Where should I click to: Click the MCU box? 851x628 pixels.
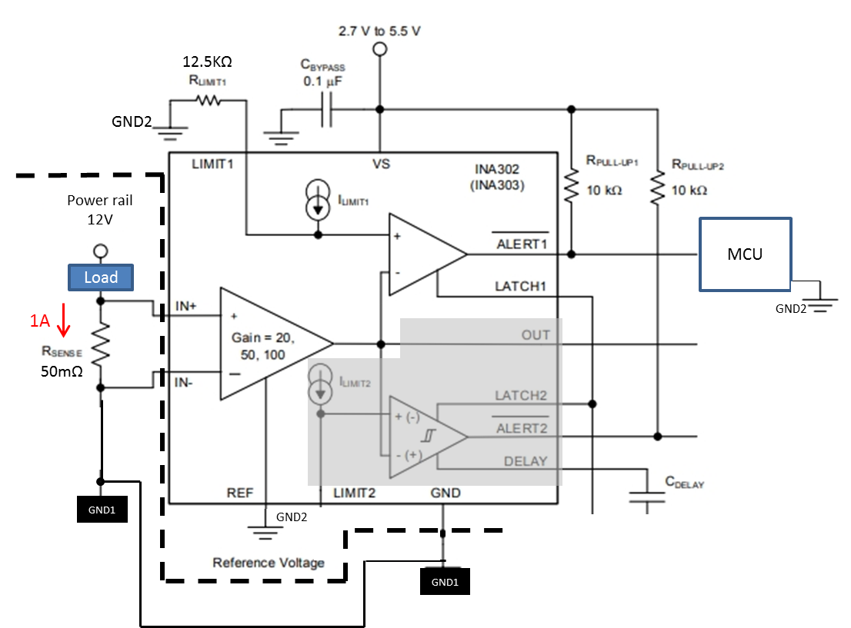coord(745,254)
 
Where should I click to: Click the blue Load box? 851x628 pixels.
coord(101,277)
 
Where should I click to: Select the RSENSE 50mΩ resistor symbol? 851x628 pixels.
coord(101,344)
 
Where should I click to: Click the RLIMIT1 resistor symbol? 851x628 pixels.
coord(208,100)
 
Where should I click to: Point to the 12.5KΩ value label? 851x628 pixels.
coord(207,61)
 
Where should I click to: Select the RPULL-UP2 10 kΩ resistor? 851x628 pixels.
coord(657,186)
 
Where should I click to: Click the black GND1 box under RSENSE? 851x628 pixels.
coord(102,510)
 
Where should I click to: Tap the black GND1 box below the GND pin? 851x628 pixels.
coord(444,582)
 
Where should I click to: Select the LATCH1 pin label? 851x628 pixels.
coord(521,286)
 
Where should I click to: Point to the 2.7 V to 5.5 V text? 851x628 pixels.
coord(379,32)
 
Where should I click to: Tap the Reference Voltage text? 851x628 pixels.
coord(268,563)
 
